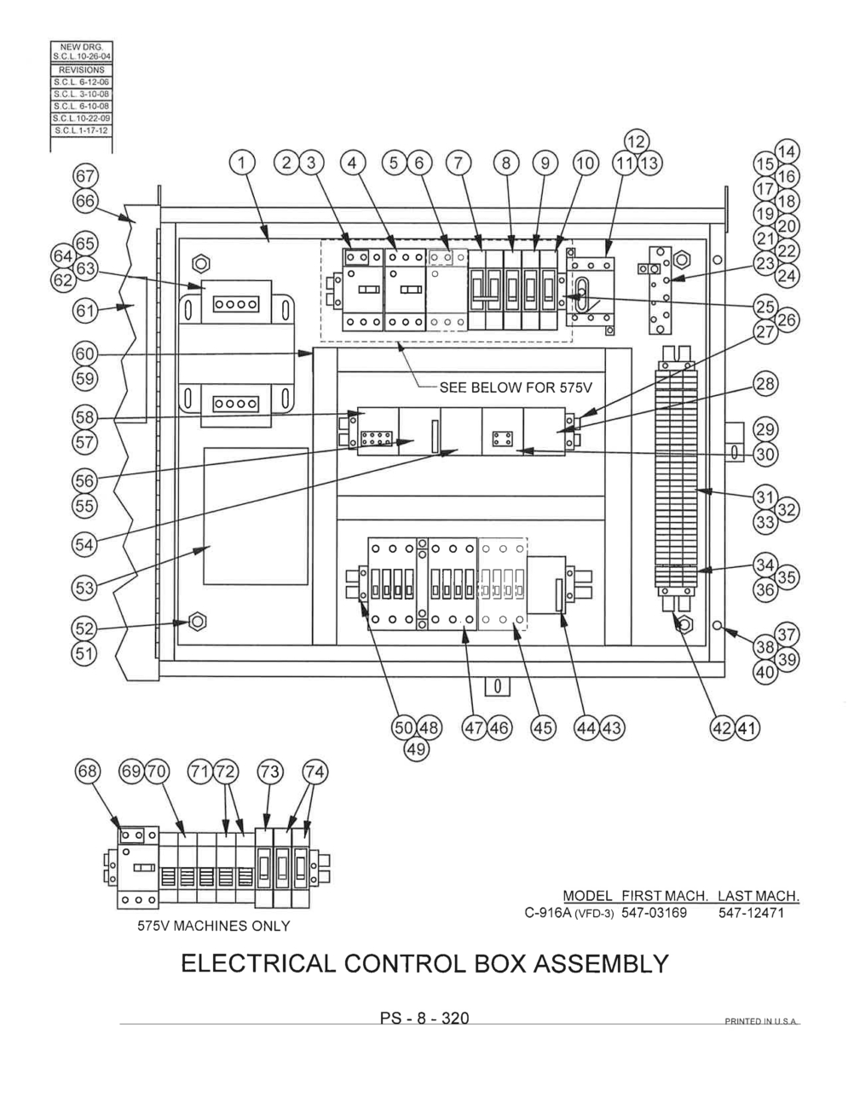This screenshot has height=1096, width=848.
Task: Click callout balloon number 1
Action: (243, 163)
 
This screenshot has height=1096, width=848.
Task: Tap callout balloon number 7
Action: (459, 163)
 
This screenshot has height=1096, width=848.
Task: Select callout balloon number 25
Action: (765, 306)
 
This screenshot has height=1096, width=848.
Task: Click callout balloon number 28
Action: (765, 384)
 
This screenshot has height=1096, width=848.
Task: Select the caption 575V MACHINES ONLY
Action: (213, 926)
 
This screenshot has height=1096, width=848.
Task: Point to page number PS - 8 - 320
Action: (424, 1019)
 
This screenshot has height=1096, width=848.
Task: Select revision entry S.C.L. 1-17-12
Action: (82, 130)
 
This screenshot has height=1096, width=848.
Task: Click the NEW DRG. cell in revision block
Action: (82, 46)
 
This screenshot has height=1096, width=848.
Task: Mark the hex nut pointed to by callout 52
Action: (197, 621)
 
